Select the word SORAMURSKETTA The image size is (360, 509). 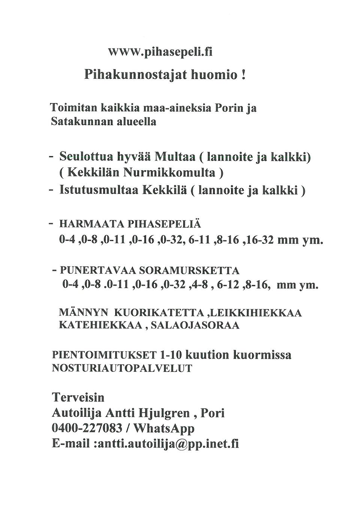(x=189, y=271)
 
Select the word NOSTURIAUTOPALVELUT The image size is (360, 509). (x=122, y=368)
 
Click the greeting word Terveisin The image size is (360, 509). (x=78, y=397)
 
